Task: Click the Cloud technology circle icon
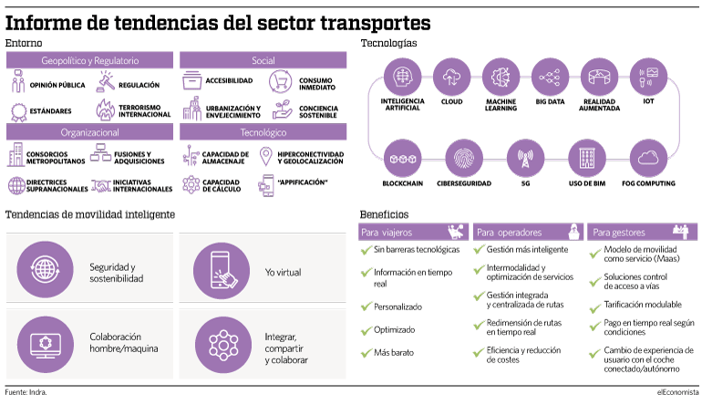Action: point(451,77)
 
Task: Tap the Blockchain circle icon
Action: point(402,159)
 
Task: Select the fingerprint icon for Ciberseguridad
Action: point(464,159)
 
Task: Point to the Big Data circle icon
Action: point(550,77)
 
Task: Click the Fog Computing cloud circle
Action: point(648,159)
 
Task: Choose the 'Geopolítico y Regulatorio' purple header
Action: point(89,60)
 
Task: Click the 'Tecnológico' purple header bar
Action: point(263,132)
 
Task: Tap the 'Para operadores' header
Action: point(528,232)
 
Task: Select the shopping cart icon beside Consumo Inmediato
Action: point(281,81)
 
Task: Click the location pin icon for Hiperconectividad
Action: point(266,157)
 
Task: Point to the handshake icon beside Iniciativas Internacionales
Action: point(101,185)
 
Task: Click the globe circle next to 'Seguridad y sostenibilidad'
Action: point(45,270)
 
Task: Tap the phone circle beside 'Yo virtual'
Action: point(222,271)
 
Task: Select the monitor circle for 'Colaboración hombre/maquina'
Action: point(46,345)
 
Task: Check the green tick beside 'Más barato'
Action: point(366,353)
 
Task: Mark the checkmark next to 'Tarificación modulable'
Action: point(595,308)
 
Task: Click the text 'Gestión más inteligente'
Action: point(527,249)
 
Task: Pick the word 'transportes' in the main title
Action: point(376,23)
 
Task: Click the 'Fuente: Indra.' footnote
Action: point(26,392)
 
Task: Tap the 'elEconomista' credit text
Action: point(677,392)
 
